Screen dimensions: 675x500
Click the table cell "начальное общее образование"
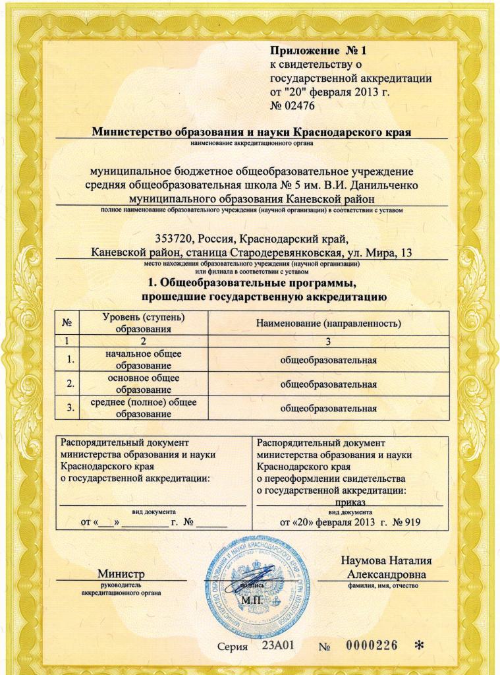(143, 359)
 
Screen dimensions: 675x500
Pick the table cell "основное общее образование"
(143, 383)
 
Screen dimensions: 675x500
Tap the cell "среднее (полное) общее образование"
(143, 407)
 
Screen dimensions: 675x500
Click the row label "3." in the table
(68, 408)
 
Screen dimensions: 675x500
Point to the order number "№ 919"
(406, 522)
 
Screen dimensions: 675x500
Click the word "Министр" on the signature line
(121, 575)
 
